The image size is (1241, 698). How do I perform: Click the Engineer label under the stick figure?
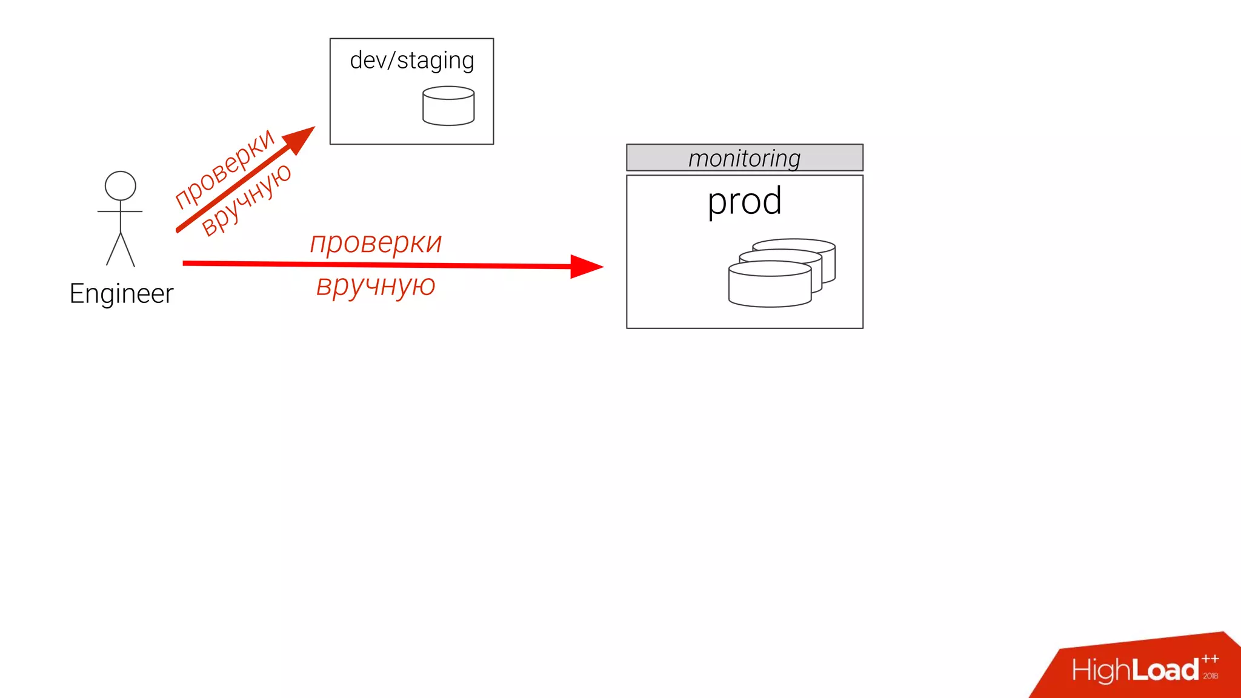coord(121,294)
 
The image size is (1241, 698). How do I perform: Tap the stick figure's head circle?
coord(120,185)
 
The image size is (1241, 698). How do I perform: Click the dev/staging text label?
coord(411,61)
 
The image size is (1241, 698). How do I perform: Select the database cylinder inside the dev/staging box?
coord(448,107)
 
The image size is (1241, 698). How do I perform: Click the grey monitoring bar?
coord(744,158)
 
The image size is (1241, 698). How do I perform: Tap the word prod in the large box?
coord(744,201)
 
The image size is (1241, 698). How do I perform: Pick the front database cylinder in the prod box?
coord(770,286)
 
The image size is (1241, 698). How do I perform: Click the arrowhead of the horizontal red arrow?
coord(585,266)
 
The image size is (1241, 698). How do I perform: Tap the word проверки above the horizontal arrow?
coord(376,244)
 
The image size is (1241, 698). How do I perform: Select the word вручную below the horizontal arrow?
coord(376,285)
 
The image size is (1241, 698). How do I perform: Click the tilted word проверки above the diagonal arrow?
coord(224,168)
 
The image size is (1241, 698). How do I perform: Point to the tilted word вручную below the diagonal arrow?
coord(247,200)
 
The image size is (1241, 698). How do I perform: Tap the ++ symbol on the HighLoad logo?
coord(1210,659)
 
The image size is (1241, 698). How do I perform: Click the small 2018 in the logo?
coord(1211,676)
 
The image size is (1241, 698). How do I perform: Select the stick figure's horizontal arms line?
coord(120,211)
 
